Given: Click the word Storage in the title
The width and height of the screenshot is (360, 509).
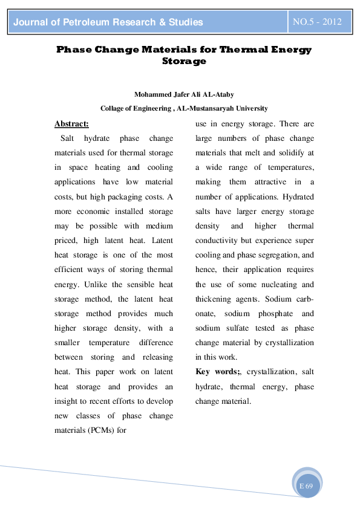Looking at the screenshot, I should coord(184,61).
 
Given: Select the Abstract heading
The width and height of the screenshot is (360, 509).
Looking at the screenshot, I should coord(71,124).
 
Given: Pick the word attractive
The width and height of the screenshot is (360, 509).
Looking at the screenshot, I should coord(261,182).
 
